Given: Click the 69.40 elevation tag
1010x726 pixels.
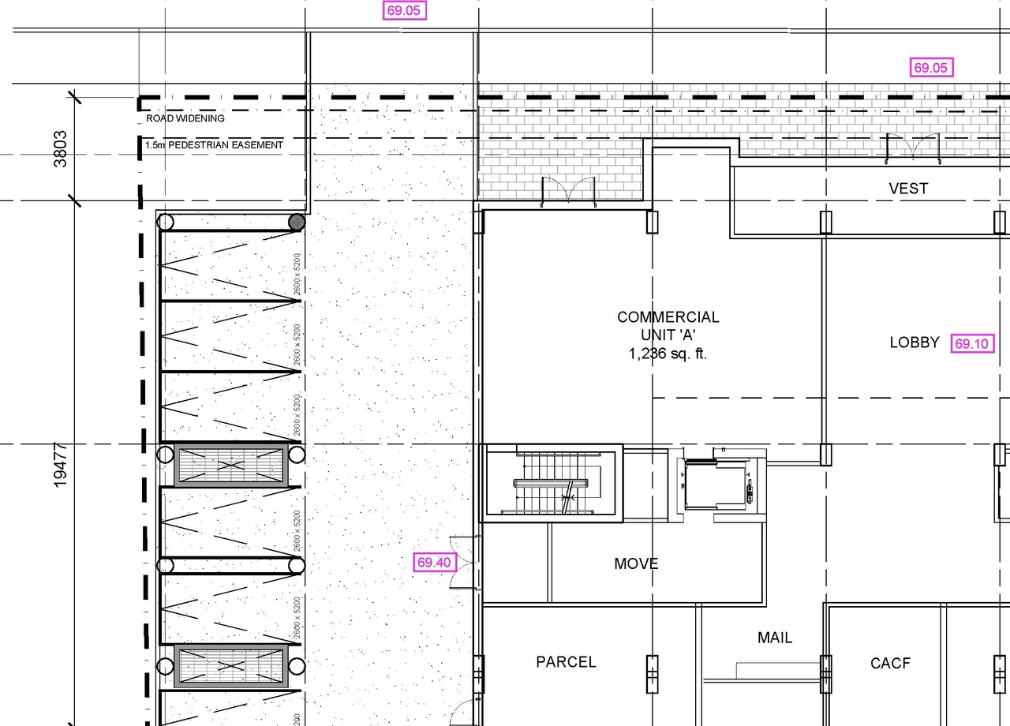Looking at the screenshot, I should point(435,563).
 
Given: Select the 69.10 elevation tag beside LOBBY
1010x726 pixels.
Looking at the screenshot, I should point(972,344).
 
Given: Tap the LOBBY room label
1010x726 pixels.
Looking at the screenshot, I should point(915,342).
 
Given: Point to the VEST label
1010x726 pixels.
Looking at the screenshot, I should point(908,189).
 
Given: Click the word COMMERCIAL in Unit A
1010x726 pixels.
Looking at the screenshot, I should point(668,317).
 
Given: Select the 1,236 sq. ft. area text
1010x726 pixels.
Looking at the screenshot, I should point(668,354).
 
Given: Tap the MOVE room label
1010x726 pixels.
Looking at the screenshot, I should point(636,563).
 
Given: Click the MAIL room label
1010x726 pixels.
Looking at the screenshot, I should point(774,638).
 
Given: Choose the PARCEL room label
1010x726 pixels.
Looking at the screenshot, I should point(566,662).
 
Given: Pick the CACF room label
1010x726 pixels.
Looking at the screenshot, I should point(890,664).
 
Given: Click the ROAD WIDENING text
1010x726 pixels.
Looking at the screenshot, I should point(185,118).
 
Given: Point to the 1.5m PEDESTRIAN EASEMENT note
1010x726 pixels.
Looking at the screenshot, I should point(214,145).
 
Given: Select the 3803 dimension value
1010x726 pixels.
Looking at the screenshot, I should point(60,148).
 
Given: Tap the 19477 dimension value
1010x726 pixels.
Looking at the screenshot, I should point(60,466).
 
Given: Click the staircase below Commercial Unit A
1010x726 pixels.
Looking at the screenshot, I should point(552,483).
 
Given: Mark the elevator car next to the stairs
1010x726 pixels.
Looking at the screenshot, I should point(715,485).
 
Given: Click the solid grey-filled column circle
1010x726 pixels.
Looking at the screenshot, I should point(297,222).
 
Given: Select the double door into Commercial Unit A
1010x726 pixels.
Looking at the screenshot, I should point(567,193).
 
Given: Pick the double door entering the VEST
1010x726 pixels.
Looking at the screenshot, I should point(913,149).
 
